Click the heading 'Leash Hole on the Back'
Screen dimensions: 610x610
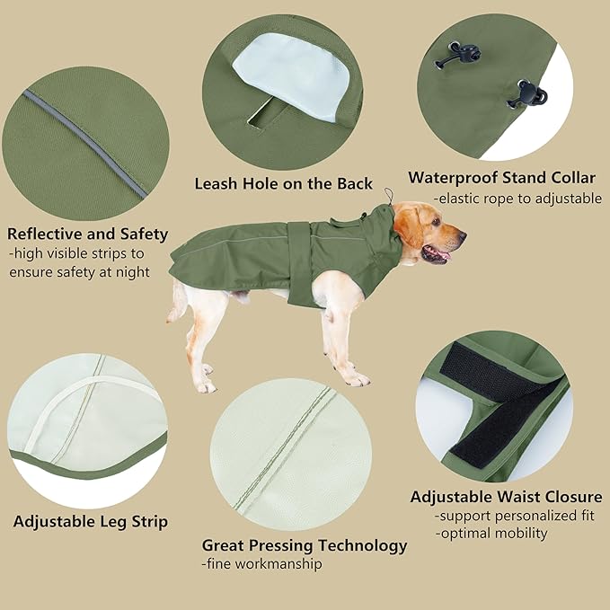click(x=283, y=183)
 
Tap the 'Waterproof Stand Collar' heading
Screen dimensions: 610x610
click(x=501, y=177)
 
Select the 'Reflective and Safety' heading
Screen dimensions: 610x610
click(x=88, y=234)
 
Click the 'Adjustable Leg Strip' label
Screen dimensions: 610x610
click(x=90, y=521)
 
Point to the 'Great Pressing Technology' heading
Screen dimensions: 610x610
click(x=304, y=545)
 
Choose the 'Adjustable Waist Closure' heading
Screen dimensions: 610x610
click(x=506, y=497)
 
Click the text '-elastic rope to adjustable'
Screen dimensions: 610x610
click(x=517, y=199)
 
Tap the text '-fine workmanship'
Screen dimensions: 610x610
click(x=261, y=564)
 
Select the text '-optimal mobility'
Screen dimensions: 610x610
click(x=491, y=533)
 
